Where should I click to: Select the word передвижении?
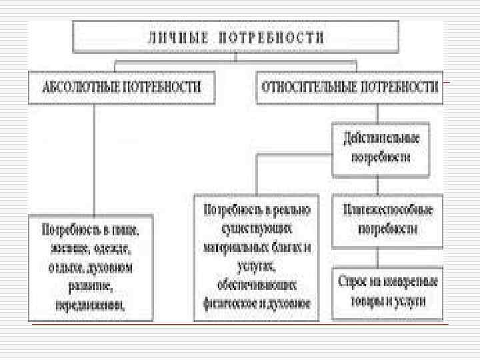point(89,305)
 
